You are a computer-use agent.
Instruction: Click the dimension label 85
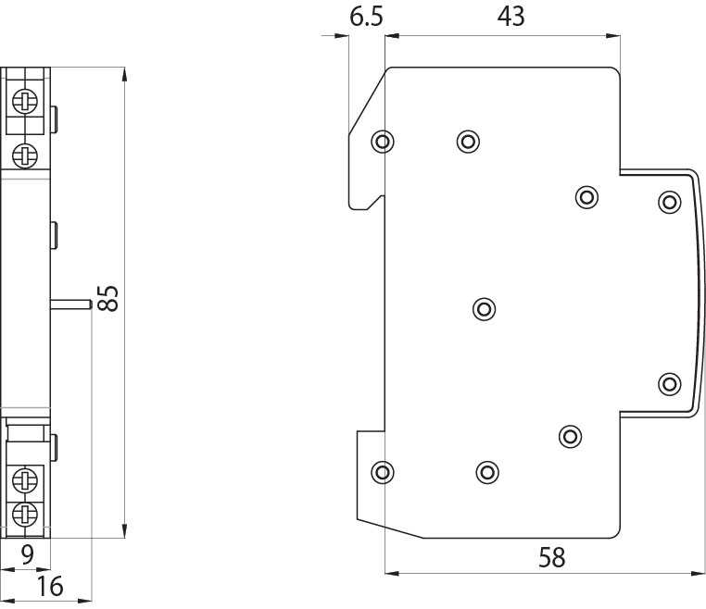108,298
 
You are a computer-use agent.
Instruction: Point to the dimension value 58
551,557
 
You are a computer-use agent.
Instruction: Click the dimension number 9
27,555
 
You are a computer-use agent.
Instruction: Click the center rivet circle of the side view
483,308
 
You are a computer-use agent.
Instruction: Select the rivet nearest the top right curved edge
669,201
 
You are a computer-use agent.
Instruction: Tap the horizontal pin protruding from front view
70,302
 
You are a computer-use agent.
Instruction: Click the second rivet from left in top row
468,142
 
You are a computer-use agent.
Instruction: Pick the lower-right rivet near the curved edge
669,383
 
